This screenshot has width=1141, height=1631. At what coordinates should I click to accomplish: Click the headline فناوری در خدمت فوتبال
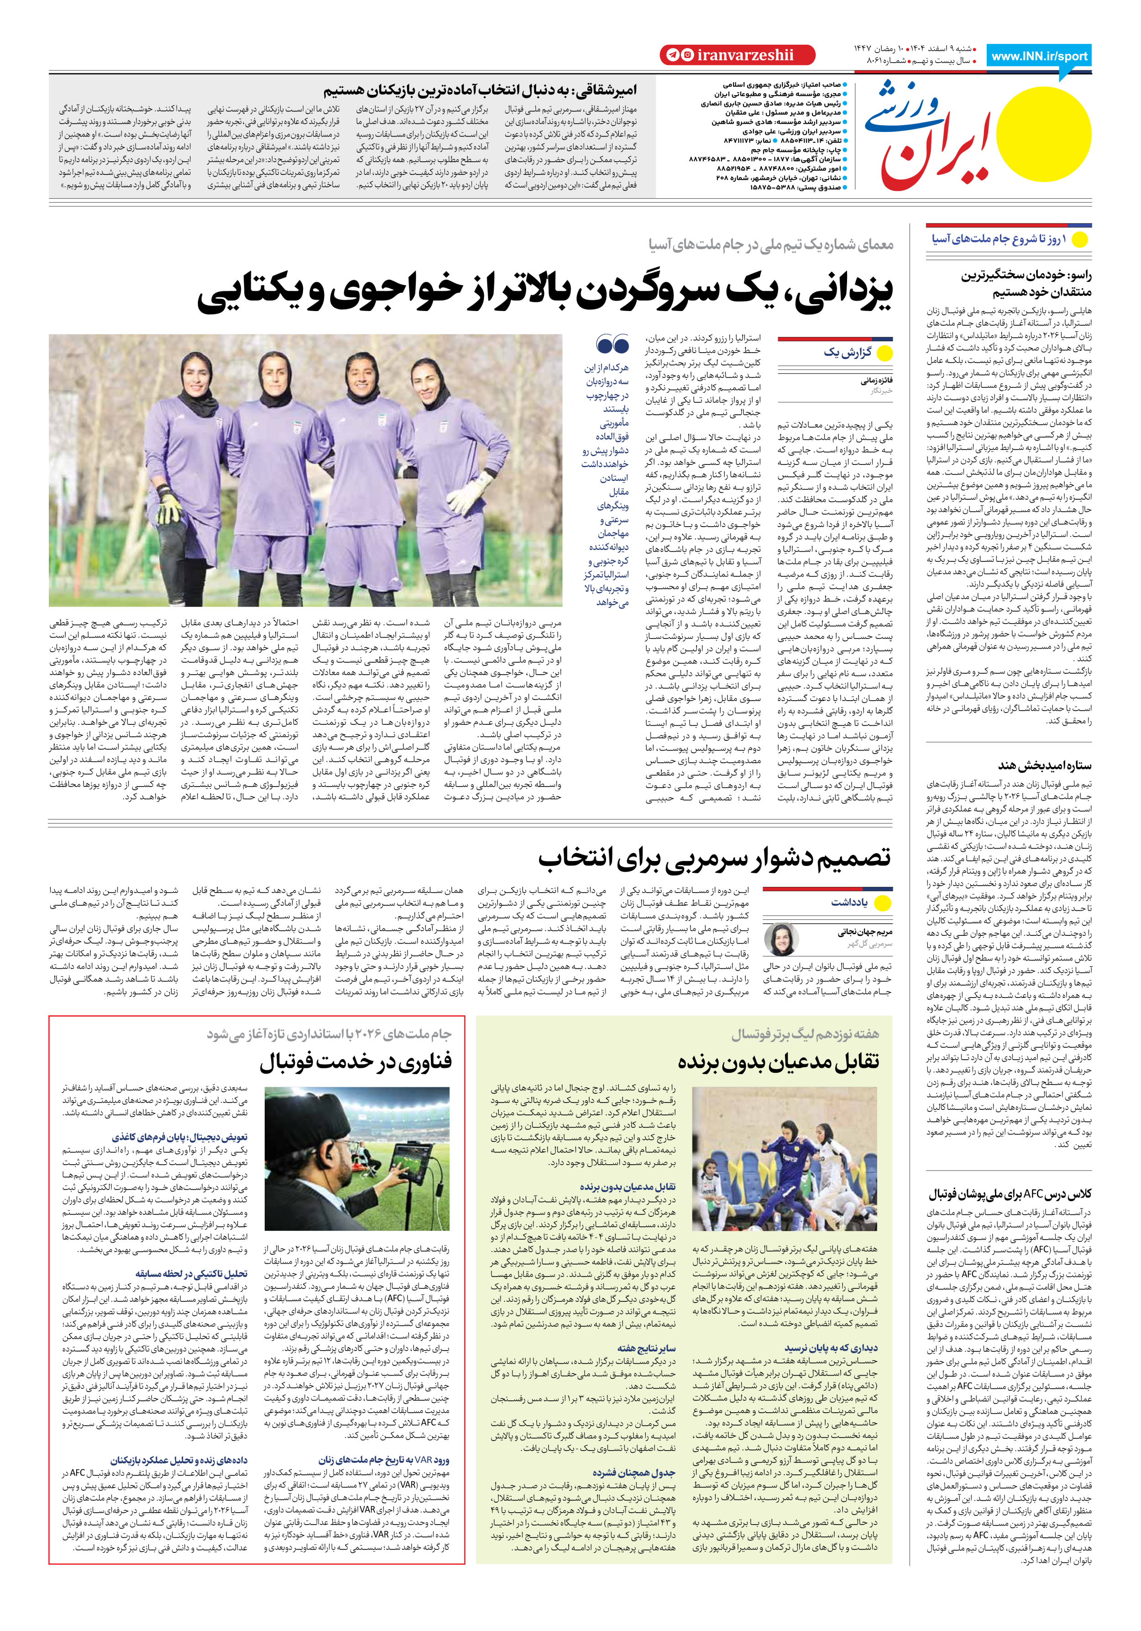coord(355,1062)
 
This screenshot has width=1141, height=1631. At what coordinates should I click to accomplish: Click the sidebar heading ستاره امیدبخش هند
coord(1044,765)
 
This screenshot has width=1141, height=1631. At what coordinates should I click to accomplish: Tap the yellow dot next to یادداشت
coord(883,903)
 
